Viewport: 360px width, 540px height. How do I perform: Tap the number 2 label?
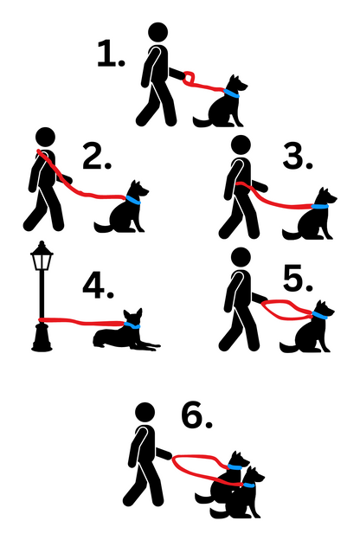click(x=97, y=158)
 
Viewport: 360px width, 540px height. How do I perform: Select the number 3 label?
click(x=297, y=157)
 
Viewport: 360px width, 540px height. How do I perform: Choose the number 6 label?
click(x=196, y=417)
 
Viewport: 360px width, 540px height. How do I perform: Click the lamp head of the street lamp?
click(x=41, y=255)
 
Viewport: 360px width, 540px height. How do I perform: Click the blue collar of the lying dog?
click(x=132, y=325)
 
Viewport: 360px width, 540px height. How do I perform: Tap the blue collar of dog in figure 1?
click(x=231, y=93)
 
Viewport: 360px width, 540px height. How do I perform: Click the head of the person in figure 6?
click(x=145, y=413)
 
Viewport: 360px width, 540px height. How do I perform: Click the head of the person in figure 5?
click(x=241, y=257)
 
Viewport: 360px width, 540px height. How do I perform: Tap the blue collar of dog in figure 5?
click(x=320, y=316)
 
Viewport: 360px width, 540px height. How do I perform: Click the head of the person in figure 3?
click(x=242, y=145)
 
